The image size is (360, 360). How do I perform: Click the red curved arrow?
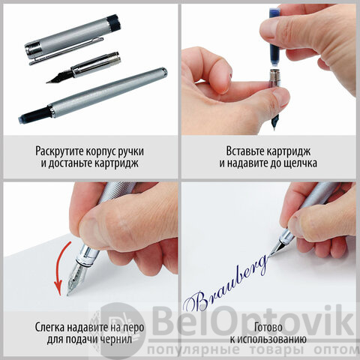pos(59,268)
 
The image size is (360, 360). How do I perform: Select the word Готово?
pos(268,327)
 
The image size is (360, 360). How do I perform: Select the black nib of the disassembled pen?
pos(59,76)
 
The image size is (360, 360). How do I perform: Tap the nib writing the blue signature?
pos(277,248)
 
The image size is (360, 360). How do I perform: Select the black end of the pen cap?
pos(114,21)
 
